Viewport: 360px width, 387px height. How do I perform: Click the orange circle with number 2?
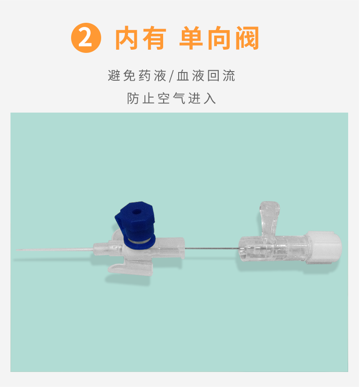coord(86,38)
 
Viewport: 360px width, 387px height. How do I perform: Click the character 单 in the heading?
coord(191,38)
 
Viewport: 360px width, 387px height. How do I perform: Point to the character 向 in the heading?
coord(219,38)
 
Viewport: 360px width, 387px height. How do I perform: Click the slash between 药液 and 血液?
coord(171,76)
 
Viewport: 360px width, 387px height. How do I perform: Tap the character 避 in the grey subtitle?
coord(114,76)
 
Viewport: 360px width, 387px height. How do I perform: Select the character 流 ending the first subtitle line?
coord(229,76)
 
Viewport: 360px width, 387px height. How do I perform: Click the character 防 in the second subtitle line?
coord(133,98)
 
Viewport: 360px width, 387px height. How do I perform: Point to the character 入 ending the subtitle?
coord(210,98)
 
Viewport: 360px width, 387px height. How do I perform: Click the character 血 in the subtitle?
coord(183,76)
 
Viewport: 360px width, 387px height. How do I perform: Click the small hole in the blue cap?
coord(135,212)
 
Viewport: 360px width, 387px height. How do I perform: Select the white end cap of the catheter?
coord(324,248)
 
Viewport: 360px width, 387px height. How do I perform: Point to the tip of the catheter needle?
coord(16,250)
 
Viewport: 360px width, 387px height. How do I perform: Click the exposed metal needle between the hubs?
coord(211,248)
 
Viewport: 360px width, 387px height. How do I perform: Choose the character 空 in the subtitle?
coord(164,98)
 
